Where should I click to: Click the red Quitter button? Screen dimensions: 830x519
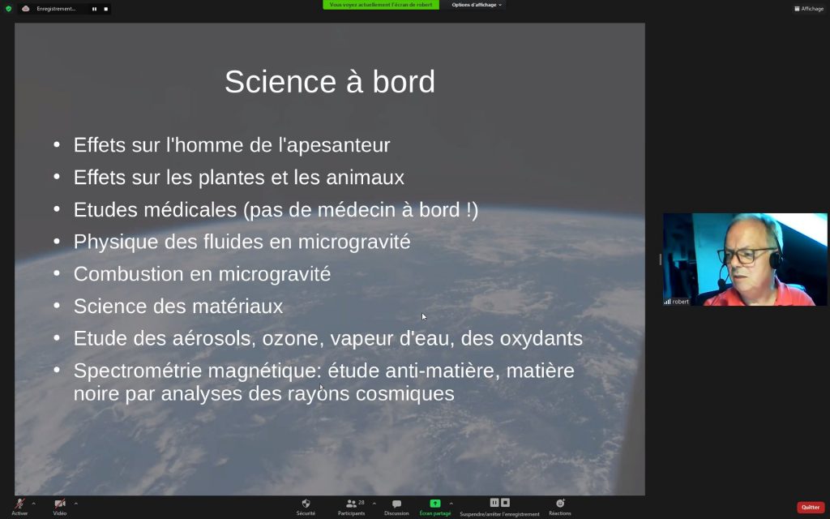pyautogui.click(x=811, y=508)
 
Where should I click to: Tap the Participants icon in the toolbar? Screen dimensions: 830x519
pyautogui.click(x=351, y=504)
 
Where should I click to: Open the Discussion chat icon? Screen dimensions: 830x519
pyautogui.click(x=396, y=504)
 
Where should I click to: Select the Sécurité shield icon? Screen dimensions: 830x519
pyautogui.click(x=306, y=503)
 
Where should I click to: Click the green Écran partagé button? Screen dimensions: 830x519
pyautogui.click(x=434, y=503)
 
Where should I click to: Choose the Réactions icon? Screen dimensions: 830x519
pyautogui.click(x=560, y=503)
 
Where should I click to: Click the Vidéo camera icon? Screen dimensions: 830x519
pyautogui.click(x=60, y=503)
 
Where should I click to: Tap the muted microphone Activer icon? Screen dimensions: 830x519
pyautogui.click(x=19, y=503)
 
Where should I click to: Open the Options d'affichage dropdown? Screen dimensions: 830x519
pyautogui.click(x=477, y=5)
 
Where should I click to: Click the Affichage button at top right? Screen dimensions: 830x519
pyautogui.click(x=809, y=8)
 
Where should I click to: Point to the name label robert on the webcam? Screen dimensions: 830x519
pyautogui.click(x=681, y=302)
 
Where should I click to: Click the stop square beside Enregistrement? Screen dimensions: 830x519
pyautogui.click(x=106, y=9)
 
